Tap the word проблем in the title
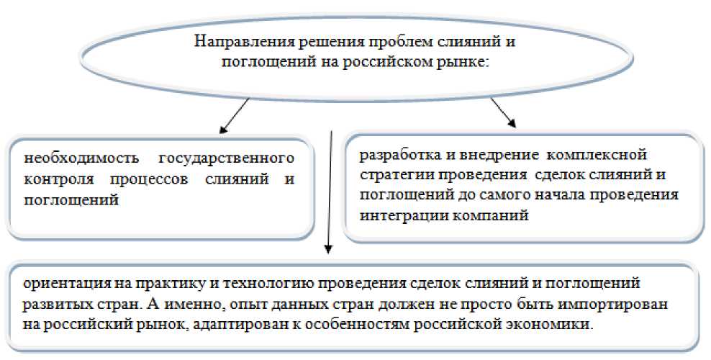pos(379,41)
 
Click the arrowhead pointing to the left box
pos(224,131)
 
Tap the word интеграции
pos(399,215)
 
